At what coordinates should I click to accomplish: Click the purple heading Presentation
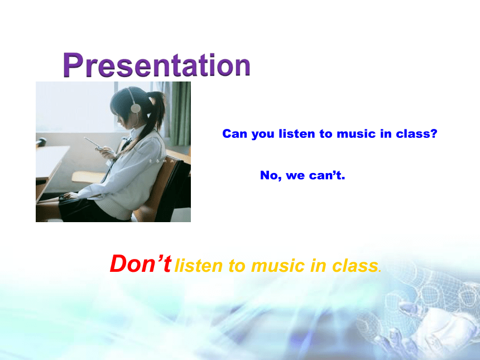(157, 65)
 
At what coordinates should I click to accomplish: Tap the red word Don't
(141, 263)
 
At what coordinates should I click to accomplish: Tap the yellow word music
(277, 266)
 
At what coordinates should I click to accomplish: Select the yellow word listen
(199, 266)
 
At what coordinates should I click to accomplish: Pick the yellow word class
(355, 266)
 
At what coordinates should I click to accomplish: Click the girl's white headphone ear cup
(135, 108)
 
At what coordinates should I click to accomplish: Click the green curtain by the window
(179, 113)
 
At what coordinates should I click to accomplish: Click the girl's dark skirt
(86, 210)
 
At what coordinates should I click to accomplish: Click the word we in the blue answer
(295, 176)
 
